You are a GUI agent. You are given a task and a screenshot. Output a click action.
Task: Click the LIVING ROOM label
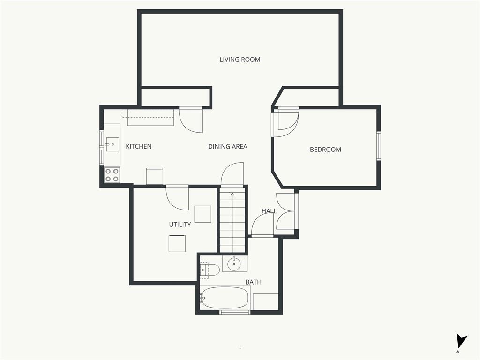pos(240,60)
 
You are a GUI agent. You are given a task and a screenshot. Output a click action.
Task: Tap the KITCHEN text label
pos(139,146)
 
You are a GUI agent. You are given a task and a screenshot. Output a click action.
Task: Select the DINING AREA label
pos(227,146)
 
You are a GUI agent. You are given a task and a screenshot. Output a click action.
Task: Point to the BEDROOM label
pos(325,150)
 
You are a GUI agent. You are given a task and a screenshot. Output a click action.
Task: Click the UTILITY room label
pos(180,225)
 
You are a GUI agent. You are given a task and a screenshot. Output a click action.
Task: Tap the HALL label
pos(269,211)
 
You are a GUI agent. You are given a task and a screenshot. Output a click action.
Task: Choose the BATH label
pos(254,282)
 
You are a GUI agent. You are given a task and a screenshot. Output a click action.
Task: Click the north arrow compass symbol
pos(461,341)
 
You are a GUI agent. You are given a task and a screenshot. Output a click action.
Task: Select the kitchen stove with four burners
pos(112,175)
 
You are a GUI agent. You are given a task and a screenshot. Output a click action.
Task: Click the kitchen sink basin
pos(112,144)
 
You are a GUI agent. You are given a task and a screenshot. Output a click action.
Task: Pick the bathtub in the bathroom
pos(225,298)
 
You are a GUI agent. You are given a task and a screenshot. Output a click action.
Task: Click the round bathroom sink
pos(234,264)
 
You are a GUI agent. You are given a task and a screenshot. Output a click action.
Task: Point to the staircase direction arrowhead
pos(232,194)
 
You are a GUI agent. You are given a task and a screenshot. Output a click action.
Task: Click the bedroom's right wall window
pos(379,146)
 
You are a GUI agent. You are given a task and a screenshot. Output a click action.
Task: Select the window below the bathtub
pos(235,312)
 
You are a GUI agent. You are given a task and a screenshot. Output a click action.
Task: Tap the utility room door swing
pos(178,198)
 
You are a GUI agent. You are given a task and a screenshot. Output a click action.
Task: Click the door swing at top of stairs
pos(232,174)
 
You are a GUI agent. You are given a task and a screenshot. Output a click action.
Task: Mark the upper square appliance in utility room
pos(202,214)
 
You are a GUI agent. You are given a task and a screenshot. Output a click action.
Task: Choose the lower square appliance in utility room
pos(177,244)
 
